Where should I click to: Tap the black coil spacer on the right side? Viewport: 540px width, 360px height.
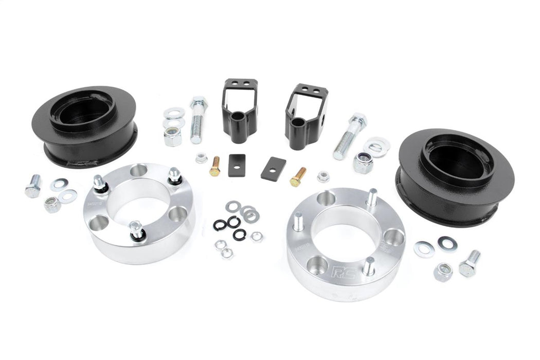click(x=455, y=175)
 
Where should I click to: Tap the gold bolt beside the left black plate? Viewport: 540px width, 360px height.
click(x=215, y=166)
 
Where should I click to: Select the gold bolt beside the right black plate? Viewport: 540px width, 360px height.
click(x=298, y=176)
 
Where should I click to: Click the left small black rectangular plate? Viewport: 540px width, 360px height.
click(x=237, y=165)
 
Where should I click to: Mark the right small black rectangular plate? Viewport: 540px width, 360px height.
click(x=273, y=168)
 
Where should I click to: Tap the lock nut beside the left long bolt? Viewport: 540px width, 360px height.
click(x=172, y=136)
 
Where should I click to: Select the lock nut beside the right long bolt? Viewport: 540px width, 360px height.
click(x=363, y=163)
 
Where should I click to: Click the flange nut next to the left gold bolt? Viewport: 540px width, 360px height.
click(x=202, y=158)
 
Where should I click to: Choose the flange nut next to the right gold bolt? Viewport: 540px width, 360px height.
click(x=323, y=177)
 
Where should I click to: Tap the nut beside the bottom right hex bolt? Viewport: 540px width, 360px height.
click(x=443, y=271)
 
